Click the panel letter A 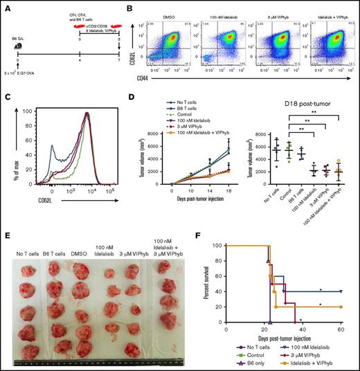click(x=5, y=6)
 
